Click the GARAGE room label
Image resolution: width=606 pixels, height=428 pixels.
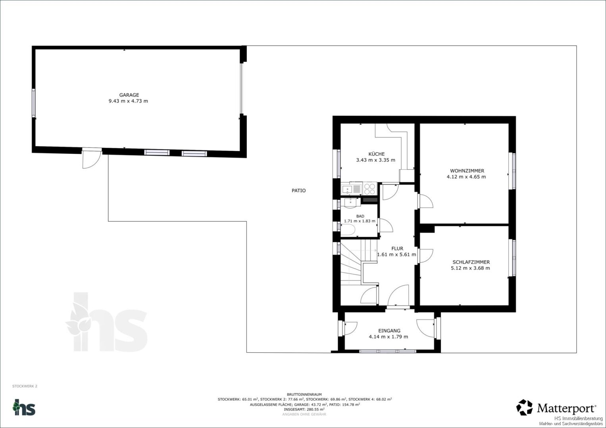(x=129, y=95)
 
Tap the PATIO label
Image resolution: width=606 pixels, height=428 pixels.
(x=299, y=191)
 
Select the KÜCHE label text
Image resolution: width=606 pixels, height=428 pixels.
(x=376, y=154)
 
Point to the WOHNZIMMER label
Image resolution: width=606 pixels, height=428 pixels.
(x=467, y=171)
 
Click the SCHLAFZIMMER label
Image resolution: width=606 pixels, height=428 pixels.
(x=471, y=262)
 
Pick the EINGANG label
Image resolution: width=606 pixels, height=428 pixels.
(x=389, y=331)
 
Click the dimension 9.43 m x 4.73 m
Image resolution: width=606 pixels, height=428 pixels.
(x=128, y=101)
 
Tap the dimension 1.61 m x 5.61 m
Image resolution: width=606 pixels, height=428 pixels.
(x=396, y=254)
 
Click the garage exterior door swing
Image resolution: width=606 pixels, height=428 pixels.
(x=91, y=159)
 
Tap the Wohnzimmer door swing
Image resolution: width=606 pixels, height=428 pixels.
(x=425, y=201)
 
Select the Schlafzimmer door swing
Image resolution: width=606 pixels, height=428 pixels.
(x=425, y=256)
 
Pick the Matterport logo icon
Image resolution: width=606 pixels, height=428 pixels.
(x=524, y=407)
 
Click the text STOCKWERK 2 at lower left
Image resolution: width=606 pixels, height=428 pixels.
(x=25, y=386)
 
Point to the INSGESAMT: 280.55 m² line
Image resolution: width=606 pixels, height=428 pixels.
(x=304, y=409)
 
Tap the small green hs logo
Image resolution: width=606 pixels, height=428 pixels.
(x=24, y=407)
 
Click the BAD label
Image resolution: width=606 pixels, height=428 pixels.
(x=360, y=216)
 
